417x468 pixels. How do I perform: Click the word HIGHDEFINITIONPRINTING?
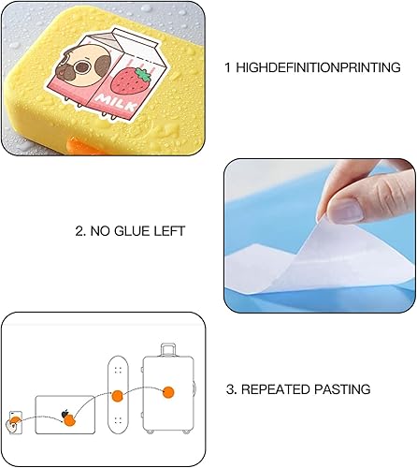pyautogui.click(x=318, y=67)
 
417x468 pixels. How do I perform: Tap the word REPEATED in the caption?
pyautogui.click(x=275, y=389)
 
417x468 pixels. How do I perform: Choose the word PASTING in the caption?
pyautogui.click(x=342, y=389)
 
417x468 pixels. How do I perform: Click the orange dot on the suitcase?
pyautogui.click(x=168, y=392)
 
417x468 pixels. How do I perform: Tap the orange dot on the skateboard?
pyautogui.click(x=118, y=396)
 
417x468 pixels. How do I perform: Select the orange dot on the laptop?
pyautogui.click(x=69, y=421)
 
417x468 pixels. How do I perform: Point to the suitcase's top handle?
pyautogui.click(x=167, y=349)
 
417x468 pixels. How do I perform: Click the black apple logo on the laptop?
pyautogui.click(x=65, y=414)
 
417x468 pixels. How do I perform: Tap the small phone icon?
pyautogui.click(x=16, y=422)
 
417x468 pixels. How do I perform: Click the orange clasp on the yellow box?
pyautogui.click(x=81, y=146)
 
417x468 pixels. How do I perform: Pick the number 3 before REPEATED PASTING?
pyautogui.click(x=230, y=389)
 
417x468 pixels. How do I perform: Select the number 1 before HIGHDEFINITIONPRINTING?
pyautogui.click(x=228, y=67)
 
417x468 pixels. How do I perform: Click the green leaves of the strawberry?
pyautogui.click(x=143, y=75)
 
